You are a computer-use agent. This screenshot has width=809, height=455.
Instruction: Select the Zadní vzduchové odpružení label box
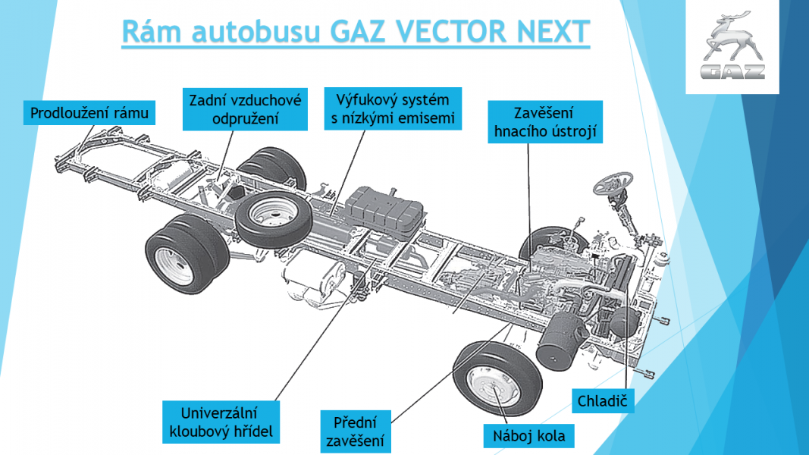245,109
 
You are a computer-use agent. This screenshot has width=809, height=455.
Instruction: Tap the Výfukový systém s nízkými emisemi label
392,108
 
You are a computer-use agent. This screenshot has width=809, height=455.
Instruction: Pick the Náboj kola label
529,436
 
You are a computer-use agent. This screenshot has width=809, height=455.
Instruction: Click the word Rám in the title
149,32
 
